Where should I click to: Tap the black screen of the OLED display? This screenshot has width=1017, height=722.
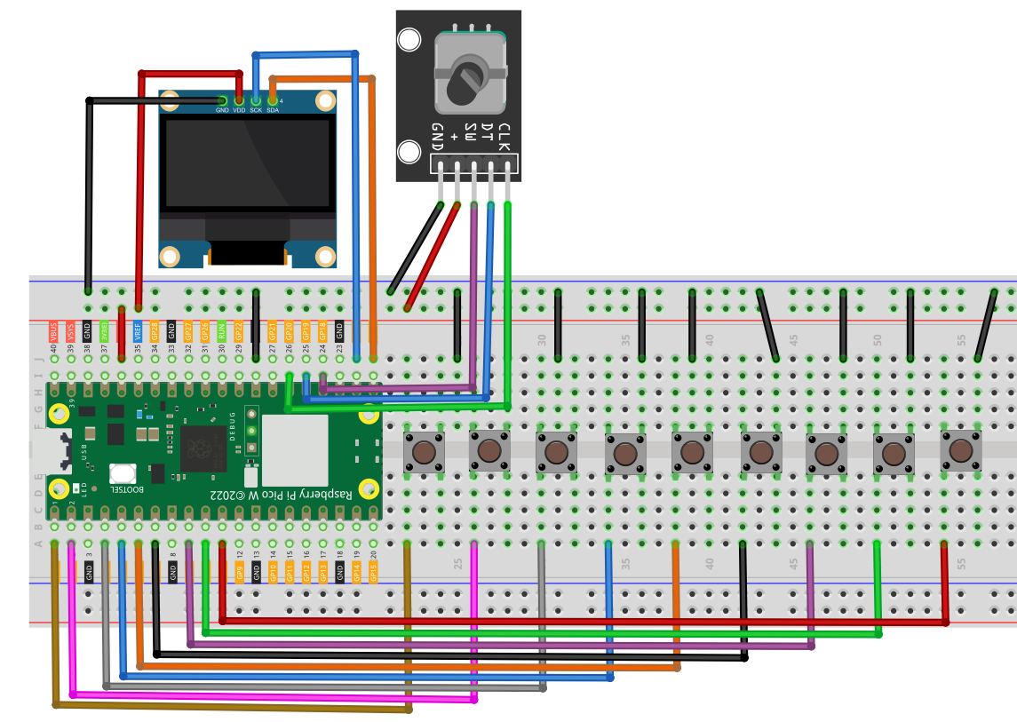(x=247, y=164)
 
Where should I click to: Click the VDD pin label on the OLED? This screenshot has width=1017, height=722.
(x=239, y=110)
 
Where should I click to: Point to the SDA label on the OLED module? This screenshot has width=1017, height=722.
(x=273, y=110)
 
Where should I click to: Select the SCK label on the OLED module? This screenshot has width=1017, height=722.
(x=256, y=110)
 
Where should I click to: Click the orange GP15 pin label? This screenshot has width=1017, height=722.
(x=373, y=572)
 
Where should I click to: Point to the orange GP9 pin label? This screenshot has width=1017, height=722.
(x=239, y=572)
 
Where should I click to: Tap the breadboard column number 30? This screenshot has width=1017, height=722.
(x=541, y=339)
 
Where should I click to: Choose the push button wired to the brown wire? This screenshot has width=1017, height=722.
(x=424, y=451)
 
